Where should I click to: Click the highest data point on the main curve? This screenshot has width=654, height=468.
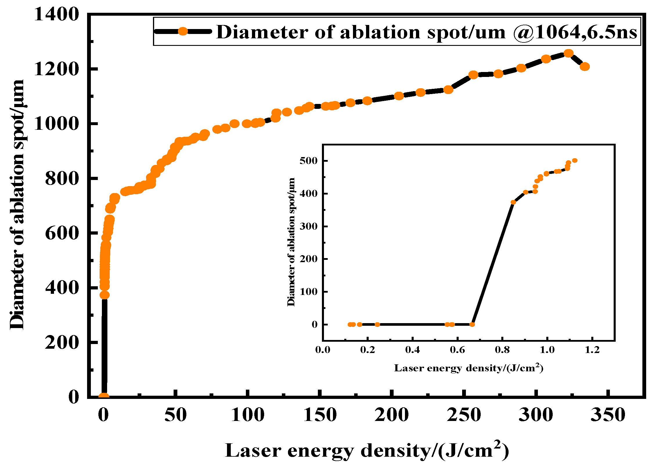(568, 53)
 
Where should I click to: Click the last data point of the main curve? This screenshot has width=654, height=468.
(585, 66)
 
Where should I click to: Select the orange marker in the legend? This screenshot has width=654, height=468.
(183, 31)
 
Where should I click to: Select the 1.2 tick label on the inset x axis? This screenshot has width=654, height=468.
(592, 350)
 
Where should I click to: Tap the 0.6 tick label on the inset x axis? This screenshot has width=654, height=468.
(457, 350)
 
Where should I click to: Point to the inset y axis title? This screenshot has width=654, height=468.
(291, 242)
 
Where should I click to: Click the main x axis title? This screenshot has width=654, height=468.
(367, 450)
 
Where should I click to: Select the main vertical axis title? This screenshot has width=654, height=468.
(17, 205)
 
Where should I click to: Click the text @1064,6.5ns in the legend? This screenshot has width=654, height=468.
(575, 32)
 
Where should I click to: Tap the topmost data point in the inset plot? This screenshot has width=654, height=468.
(574, 161)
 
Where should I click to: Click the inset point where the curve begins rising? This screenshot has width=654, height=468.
(472, 324)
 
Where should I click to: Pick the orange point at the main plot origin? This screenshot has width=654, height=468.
(104, 396)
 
